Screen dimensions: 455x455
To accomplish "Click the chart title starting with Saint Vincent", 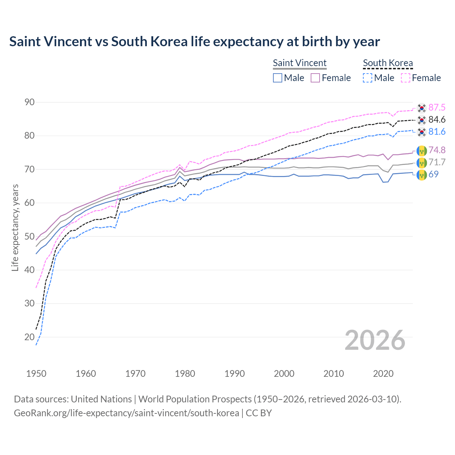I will (194, 42).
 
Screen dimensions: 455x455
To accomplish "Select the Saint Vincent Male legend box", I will (278, 78).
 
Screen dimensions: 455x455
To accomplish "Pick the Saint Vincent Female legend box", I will (315, 78).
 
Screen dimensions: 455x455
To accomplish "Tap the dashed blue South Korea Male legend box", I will (368, 78).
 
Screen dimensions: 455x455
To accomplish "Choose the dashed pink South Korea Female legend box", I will (406, 78).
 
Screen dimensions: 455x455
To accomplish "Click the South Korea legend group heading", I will (388, 63).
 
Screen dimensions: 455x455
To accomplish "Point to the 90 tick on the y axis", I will (30, 102).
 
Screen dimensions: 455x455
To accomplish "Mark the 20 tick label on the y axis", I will (30, 337).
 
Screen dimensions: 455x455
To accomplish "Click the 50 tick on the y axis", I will (30, 237).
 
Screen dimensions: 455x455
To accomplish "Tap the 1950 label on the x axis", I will (36, 374).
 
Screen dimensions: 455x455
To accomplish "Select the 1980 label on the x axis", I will (185, 374).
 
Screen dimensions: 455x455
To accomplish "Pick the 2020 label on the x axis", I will (383, 374).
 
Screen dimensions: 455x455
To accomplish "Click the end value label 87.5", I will (437, 108).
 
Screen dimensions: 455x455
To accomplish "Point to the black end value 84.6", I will (437, 120).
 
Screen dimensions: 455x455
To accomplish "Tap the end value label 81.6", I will (437, 132).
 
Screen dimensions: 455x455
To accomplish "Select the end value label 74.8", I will (437, 150).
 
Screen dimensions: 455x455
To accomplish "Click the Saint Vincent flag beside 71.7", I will (422, 163).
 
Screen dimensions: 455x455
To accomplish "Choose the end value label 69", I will (433, 175).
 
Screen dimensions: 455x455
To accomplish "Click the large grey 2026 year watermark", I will (375, 340).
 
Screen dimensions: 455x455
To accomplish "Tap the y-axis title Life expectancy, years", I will (15, 227).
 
